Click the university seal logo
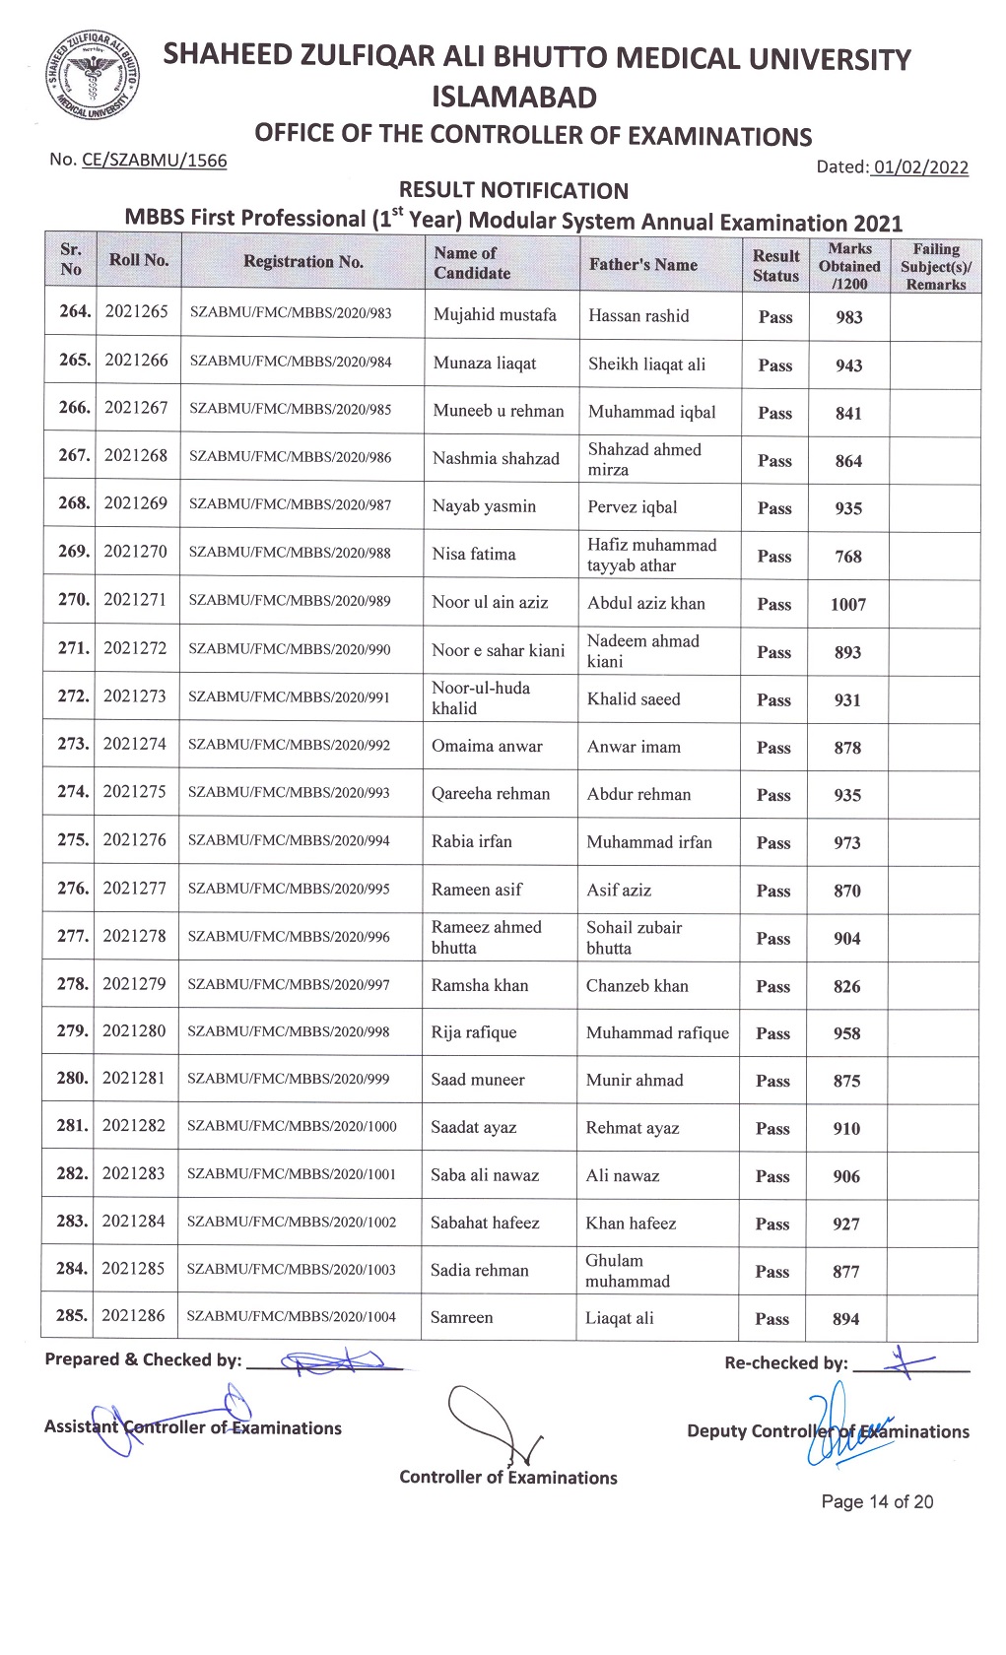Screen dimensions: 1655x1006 91,76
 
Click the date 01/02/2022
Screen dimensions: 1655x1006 920,167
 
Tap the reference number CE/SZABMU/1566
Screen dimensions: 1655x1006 155,161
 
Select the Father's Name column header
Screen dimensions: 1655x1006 642,264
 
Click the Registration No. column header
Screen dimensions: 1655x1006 303,261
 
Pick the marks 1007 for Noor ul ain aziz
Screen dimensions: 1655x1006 847,605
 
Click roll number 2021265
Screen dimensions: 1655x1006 137,311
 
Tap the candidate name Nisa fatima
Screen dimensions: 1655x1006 474,555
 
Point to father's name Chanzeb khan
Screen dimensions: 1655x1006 637,986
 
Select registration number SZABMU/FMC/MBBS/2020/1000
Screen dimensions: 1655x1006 292,1127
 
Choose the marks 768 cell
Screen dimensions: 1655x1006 847,557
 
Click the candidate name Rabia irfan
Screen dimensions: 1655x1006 471,842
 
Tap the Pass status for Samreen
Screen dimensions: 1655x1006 771,1319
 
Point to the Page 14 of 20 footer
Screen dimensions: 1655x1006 877,1502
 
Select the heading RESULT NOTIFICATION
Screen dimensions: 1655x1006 513,190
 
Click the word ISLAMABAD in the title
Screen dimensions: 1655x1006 513,98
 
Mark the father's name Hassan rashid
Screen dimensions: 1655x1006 638,316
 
